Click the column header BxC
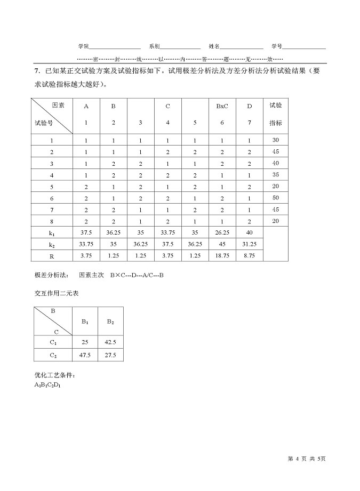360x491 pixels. (222, 106)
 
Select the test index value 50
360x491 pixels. (275, 198)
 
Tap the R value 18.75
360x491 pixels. (222, 255)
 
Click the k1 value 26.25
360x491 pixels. (222, 232)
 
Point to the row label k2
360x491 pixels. (52, 244)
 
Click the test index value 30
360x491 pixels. (275, 140)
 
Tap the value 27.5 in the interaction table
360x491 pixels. (110, 355)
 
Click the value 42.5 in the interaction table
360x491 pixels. (110, 342)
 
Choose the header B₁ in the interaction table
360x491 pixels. (85, 321)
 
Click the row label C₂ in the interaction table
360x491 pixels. (53, 355)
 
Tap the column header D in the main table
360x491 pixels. (249, 106)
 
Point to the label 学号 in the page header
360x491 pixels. (276, 46)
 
